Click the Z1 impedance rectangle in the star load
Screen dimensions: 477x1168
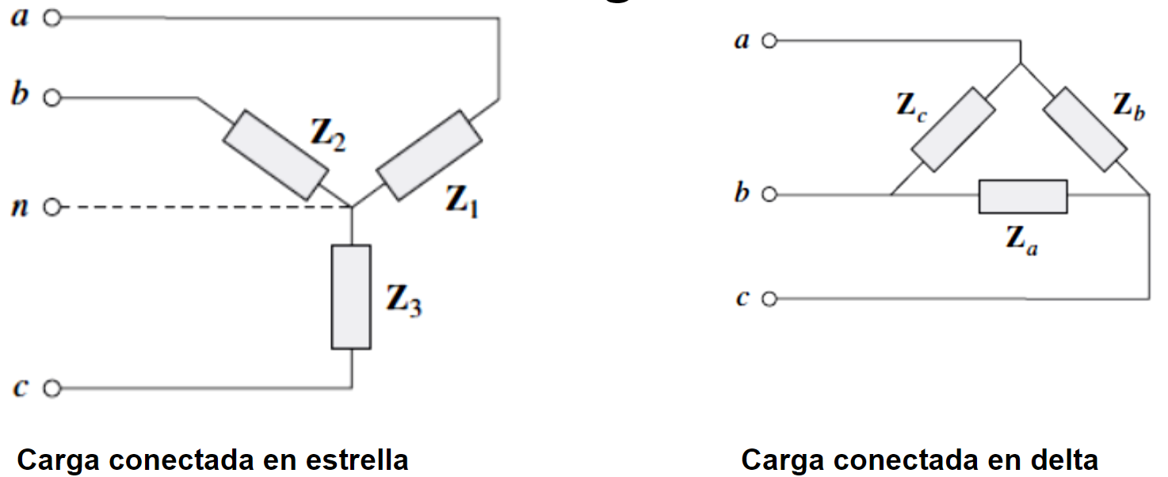pyautogui.click(x=429, y=155)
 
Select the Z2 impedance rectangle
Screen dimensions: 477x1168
pyautogui.click(x=275, y=155)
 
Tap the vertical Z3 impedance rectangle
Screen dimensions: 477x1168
pyautogui.click(x=351, y=297)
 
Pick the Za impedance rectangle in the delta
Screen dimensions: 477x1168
pyautogui.click(x=1023, y=197)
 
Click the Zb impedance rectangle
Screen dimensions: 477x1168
pyautogui.click(x=1084, y=130)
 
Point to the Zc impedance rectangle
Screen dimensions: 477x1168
pyautogui.click(x=953, y=130)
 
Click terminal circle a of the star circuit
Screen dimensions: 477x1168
pyautogui.click(x=52, y=18)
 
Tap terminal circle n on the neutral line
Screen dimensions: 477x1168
pyautogui.click(x=52, y=208)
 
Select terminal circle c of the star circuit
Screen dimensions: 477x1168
pyautogui.click(x=52, y=388)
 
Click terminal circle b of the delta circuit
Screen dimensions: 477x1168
pyautogui.click(x=769, y=194)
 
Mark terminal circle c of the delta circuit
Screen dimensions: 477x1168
pyautogui.click(x=769, y=299)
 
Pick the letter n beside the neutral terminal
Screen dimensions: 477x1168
pyautogui.click(x=21, y=208)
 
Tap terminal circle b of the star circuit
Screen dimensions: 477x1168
pyautogui.click(x=52, y=98)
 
